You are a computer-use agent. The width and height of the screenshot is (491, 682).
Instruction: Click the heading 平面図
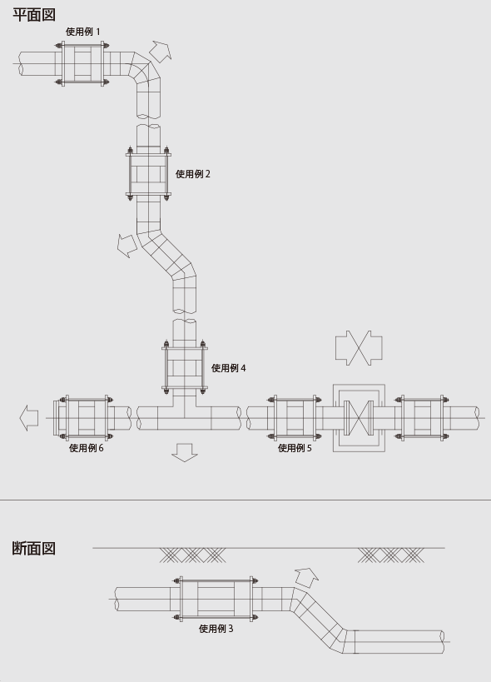(x=34, y=14)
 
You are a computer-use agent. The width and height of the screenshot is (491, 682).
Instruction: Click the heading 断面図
(x=34, y=548)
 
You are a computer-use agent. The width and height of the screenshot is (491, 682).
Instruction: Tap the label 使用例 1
(x=82, y=32)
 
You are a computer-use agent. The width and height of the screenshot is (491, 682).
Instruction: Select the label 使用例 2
(x=193, y=174)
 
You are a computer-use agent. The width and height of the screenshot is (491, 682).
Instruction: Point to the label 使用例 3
(x=216, y=629)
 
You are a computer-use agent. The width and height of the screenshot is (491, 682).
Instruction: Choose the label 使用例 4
(x=229, y=368)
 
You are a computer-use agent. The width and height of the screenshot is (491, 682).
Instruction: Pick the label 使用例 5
(x=295, y=448)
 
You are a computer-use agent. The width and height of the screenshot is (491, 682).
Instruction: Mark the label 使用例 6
(x=86, y=448)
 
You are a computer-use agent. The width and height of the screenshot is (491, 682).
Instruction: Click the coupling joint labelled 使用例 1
(x=82, y=64)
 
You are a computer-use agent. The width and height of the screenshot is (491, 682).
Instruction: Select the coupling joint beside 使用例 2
(x=148, y=174)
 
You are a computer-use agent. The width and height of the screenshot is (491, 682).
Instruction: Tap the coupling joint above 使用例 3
(x=216, y=599)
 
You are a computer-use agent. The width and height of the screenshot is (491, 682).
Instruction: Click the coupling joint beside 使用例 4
(x=184, y=367)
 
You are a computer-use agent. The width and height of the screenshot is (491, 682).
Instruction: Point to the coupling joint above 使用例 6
(x=83, y=418)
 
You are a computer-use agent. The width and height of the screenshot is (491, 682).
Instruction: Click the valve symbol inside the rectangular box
(x=359, y=418)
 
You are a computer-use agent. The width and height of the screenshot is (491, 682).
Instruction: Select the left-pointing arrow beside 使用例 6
(x=29, y=418)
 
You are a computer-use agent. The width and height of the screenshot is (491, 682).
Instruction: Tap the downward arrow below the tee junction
(x=185, y=452)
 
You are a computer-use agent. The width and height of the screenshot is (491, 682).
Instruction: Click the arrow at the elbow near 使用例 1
(x=161, y=51)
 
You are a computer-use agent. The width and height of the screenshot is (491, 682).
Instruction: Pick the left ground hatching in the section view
(x=192, y=555)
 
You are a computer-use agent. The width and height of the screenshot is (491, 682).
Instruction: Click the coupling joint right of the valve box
(x=421, y=418)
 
